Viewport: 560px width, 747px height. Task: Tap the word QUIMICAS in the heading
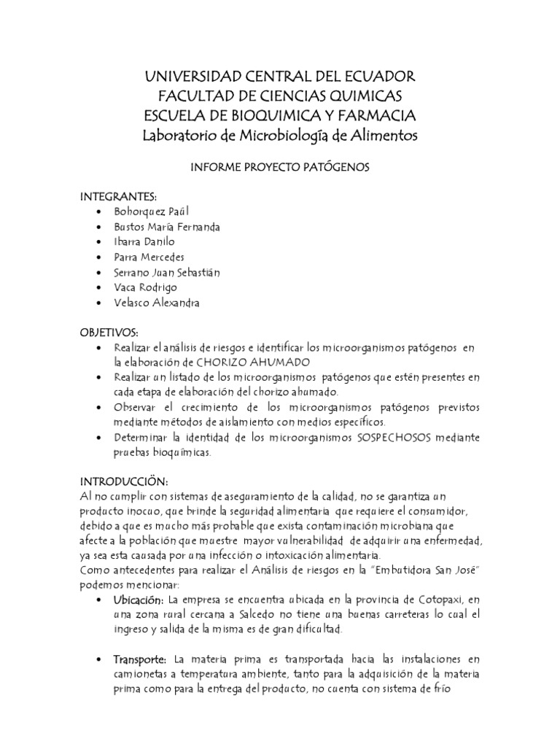[355, 96]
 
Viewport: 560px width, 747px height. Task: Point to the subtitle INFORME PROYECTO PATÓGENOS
[281, 167]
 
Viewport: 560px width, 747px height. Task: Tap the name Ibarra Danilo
[144, 241]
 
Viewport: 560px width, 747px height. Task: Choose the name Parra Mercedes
[149, 257]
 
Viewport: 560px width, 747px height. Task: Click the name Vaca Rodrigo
[145, 287]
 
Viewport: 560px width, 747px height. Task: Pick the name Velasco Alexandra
[155, 303]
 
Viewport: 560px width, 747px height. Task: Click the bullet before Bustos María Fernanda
[98, 227]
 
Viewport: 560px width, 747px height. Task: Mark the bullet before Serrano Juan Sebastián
[98, 272]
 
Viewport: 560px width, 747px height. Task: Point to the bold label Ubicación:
[138, 600]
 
